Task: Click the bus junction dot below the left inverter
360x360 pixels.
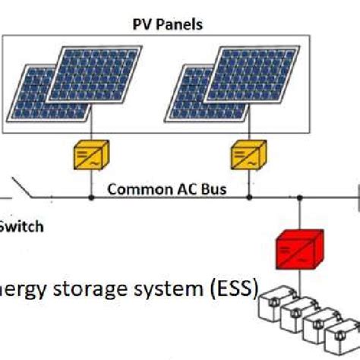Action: pyautogui.click(x=91, y=197)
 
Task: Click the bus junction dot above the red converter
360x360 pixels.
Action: pyautogui.click(x=300, y=197)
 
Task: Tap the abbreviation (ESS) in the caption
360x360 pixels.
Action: pyautogui.click(x=232, y=290)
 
